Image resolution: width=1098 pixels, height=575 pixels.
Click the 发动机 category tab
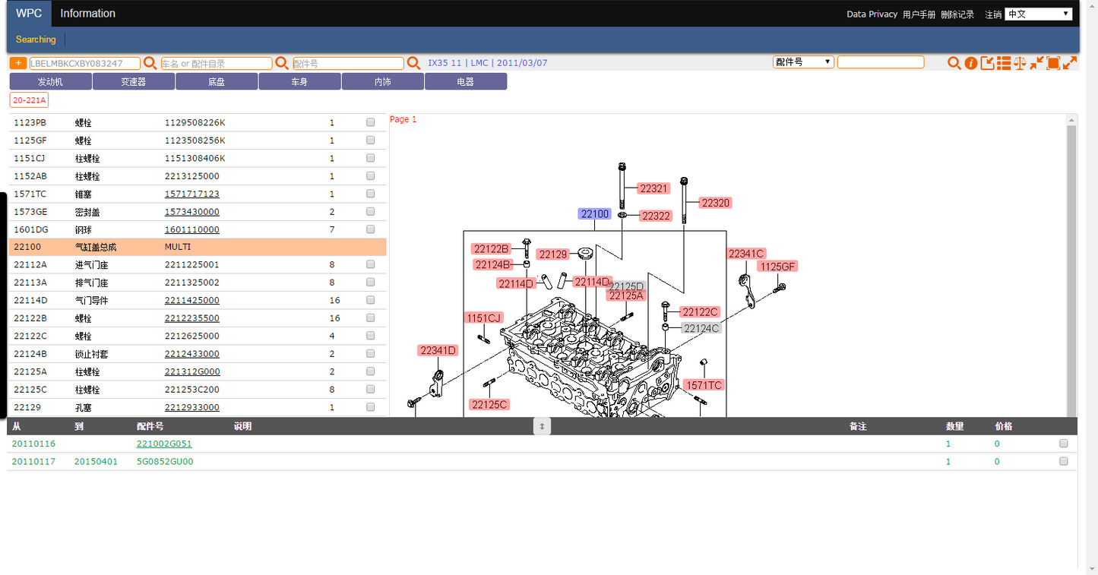50,82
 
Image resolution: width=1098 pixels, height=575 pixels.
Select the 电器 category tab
466,82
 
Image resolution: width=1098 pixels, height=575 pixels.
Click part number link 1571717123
191,194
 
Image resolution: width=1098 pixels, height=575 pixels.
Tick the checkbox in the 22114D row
371,300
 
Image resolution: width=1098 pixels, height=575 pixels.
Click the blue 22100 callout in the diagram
594,213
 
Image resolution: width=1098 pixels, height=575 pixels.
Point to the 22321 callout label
653,188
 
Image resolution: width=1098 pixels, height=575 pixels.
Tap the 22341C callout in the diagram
746,254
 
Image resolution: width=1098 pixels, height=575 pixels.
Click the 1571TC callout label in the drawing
704,385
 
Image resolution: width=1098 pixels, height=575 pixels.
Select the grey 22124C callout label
701,328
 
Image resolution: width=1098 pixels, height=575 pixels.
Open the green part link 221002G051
164,444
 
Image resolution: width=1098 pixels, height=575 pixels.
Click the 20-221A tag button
30,100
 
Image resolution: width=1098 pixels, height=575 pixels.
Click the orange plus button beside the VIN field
18,63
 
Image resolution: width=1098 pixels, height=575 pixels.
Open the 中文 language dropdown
1038,14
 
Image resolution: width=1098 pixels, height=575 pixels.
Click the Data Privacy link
872,14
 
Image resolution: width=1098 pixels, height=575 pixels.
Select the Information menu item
87,13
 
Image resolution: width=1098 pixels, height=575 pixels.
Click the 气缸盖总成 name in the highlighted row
96,247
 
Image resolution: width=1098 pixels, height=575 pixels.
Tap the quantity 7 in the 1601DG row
332,229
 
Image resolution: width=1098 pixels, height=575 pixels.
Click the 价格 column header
1003,426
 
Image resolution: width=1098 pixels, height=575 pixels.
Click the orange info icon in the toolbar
970,63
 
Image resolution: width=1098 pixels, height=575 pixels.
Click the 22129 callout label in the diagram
553,254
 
